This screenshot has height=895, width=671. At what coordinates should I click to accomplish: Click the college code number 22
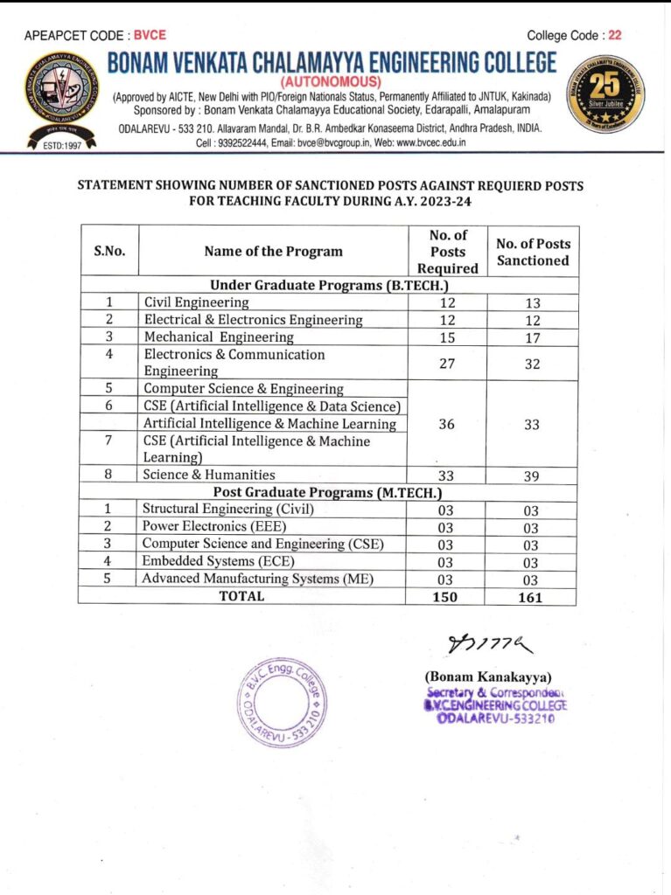click(x=615, y=36)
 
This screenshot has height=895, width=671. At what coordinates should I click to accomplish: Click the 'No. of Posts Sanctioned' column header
click(x=533, y=252)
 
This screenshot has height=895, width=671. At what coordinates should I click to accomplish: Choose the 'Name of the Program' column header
click(x=273, y=252)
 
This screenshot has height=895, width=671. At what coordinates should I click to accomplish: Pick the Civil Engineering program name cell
click(x=197, y=302)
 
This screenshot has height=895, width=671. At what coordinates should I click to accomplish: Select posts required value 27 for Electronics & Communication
click(x=446, y=364)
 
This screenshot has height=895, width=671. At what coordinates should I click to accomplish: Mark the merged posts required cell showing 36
click(x=446, y=425)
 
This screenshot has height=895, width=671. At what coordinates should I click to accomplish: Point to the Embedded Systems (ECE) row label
click(x=218, y=561)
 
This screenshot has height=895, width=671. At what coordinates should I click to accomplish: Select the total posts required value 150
click(x=446, y=597)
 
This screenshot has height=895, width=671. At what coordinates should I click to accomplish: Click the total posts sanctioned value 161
click(x=530, y=597)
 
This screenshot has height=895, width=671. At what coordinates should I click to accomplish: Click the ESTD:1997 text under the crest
click(x=61, y=146)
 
